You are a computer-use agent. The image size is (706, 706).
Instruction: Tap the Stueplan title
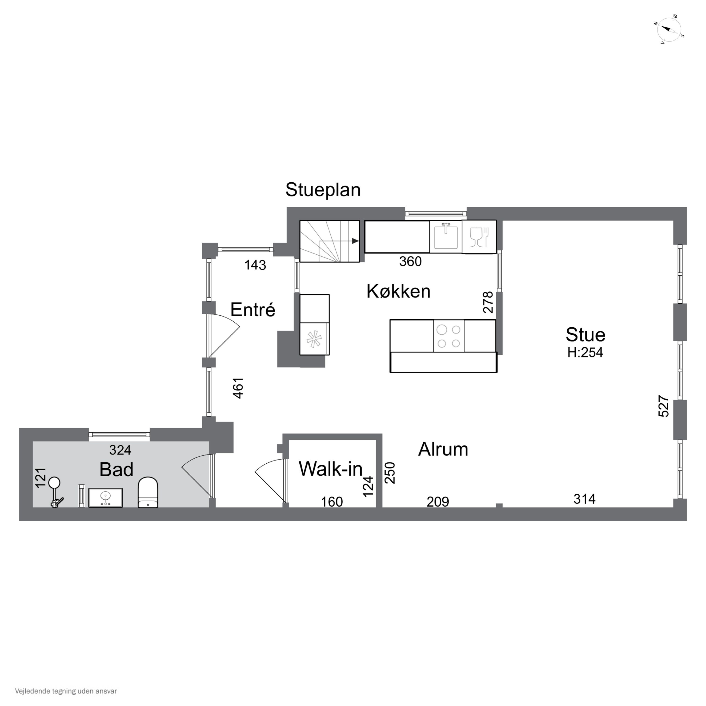[x=323, y=190]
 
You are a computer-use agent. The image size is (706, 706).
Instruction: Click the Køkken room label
[x=398, y=291]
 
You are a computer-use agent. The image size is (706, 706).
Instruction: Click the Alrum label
[x=443, y=449]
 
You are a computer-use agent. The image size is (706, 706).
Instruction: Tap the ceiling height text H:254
[x=585, y=352]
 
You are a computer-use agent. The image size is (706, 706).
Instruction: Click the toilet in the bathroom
[x=148, y=492]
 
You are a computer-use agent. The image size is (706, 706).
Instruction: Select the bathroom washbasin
[x=106, y=498]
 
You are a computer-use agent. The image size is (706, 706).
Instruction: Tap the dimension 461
[x=238, y=388]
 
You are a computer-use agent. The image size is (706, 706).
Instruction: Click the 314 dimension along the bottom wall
[x=585, y=499]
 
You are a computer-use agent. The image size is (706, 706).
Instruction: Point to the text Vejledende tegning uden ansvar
[x=66, y=691]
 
